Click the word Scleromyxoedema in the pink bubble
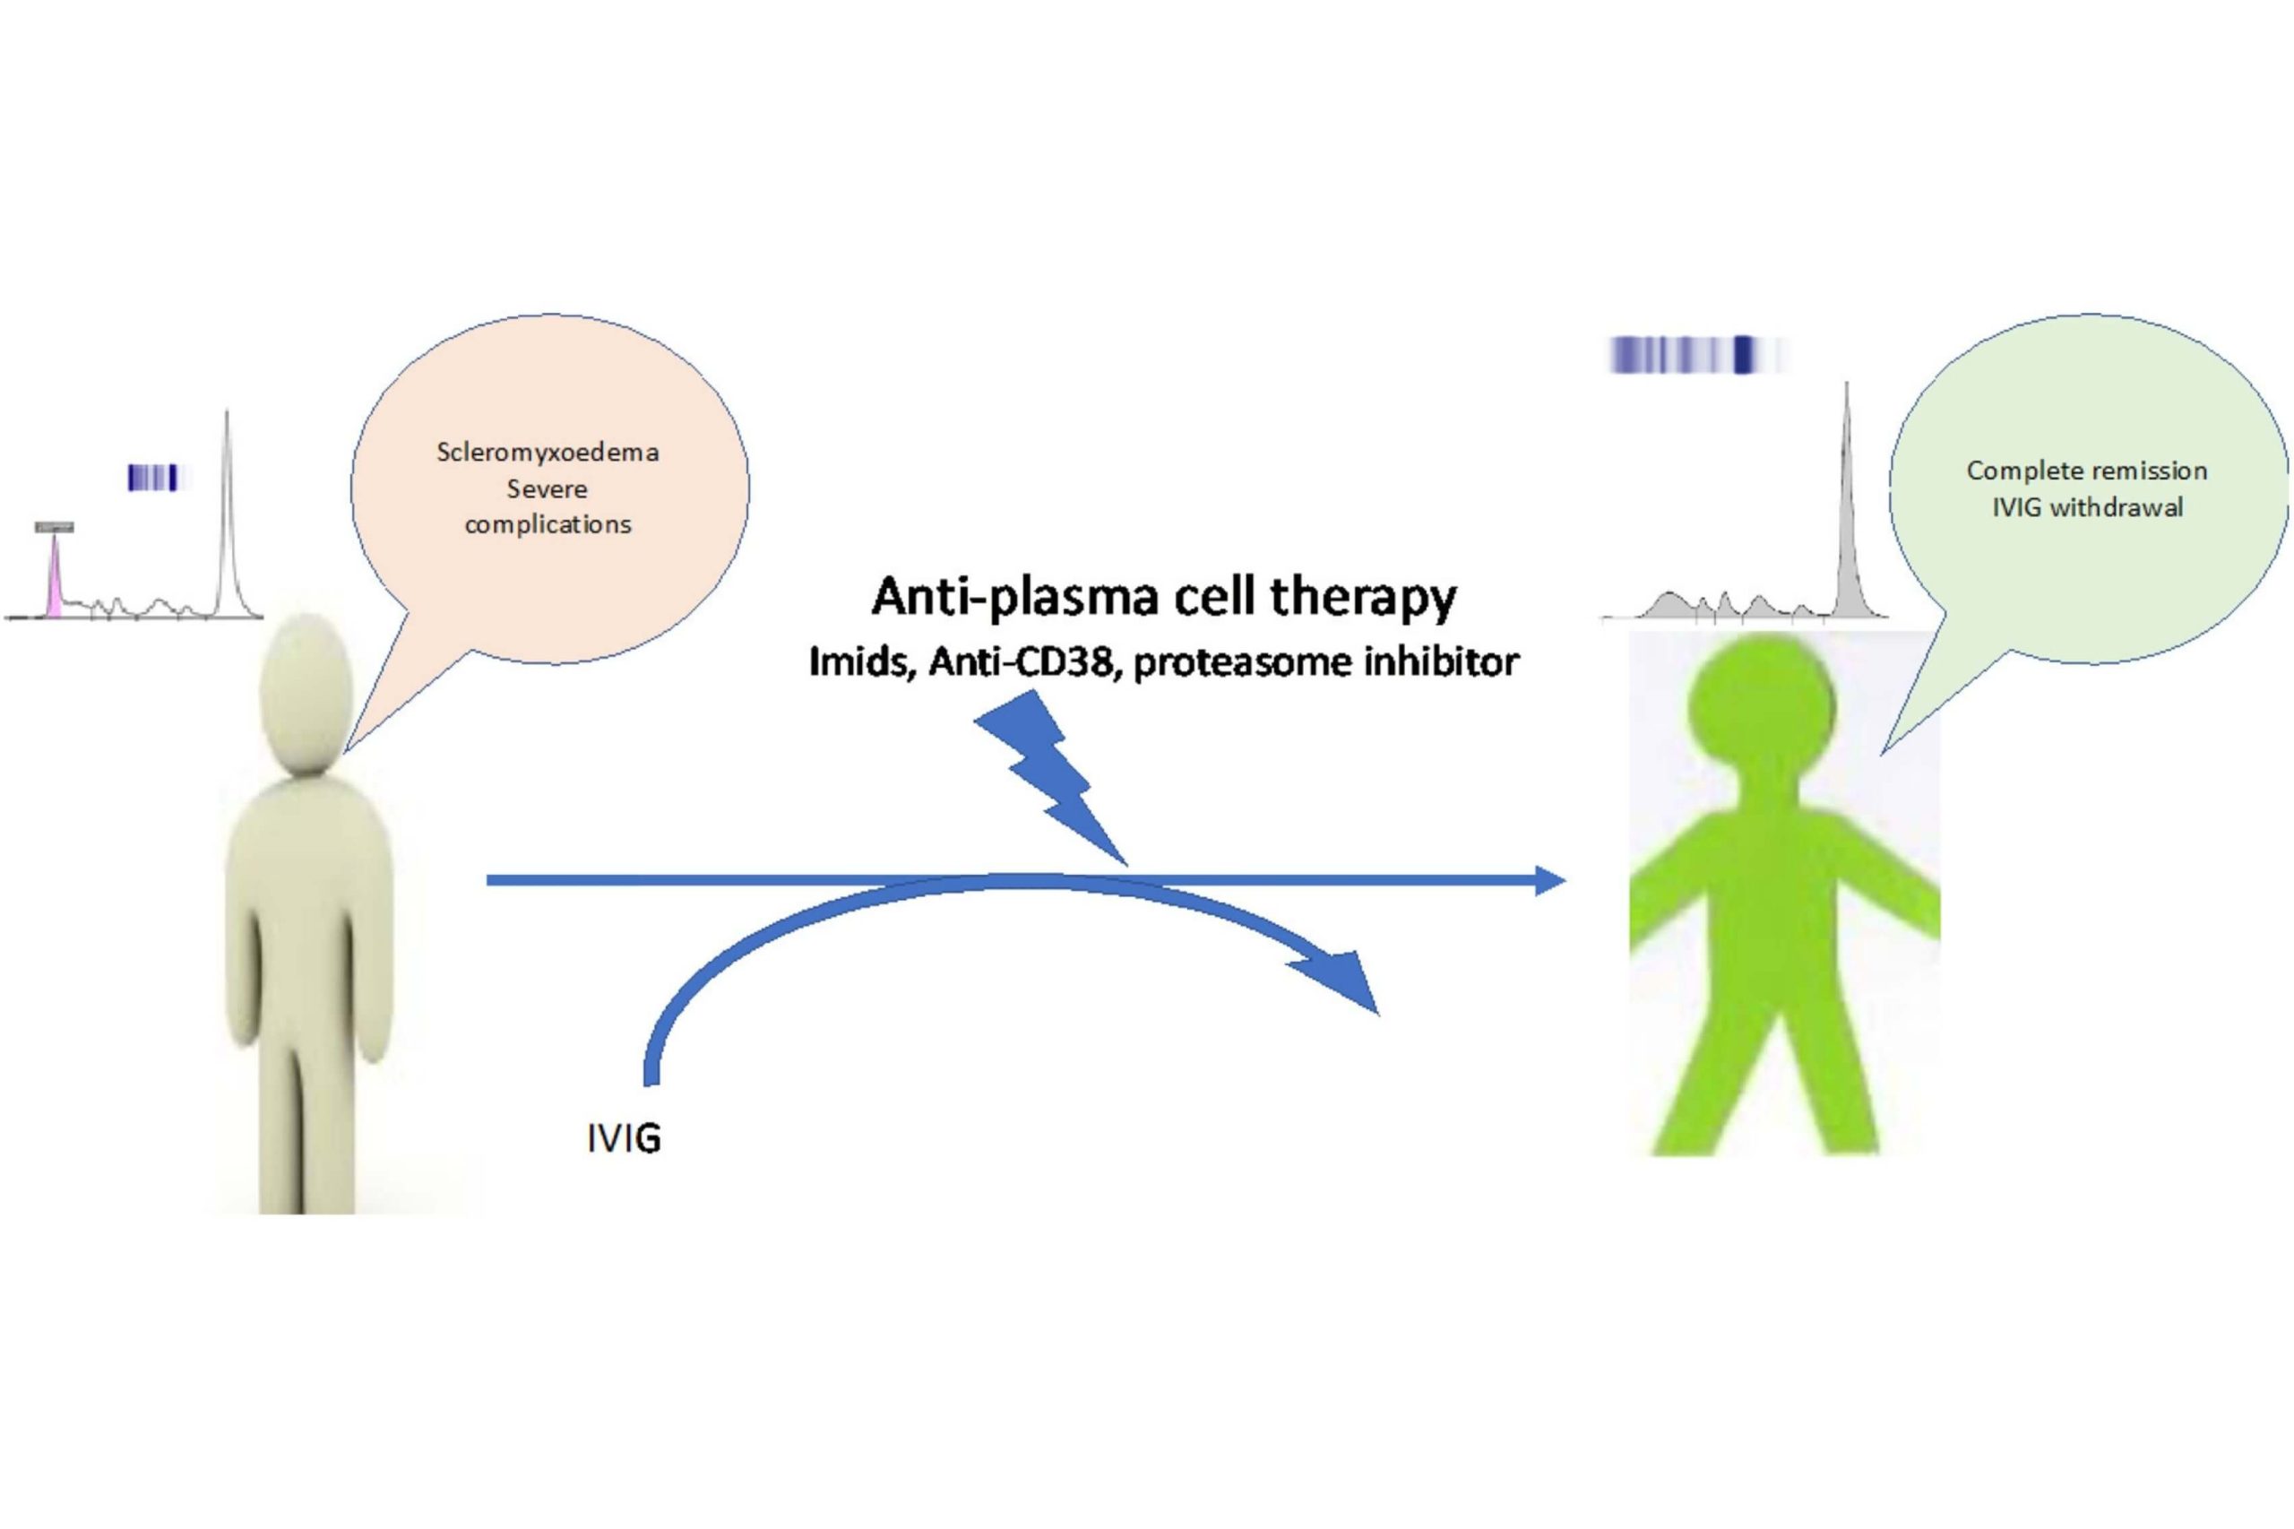tap(547, 453)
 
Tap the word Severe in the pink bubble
tap(547, 488)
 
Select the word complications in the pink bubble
tap(548, 524)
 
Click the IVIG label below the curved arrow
tap(624, 1138)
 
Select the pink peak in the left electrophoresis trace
tap(56, 580)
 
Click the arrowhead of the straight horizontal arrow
tap(1549, 880)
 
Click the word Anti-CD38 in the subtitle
tap(1021, 663)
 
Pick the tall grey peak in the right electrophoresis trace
tap(1846, 507)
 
